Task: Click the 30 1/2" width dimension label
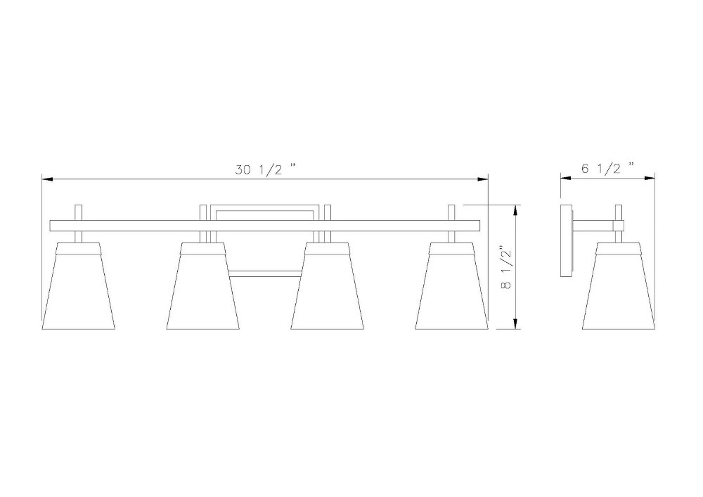pyautogui.click(x=266, y=169)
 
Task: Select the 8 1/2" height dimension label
pyautogui.click(x=507, y=267)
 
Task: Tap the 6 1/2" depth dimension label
pyautogui.click(x=608, y=168)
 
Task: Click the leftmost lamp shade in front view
pyautogui.click(x=78, y=286)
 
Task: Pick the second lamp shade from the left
pyautogui.click(x=202, y=286)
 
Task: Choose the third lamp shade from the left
pyautogui.click(x=328, y=286)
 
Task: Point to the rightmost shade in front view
pyautogui.click(x=452, y=286)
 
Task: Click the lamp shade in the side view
pyautogui.click(x=619, y=286)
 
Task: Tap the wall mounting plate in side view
pyautogui.click(x=567, y=241)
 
